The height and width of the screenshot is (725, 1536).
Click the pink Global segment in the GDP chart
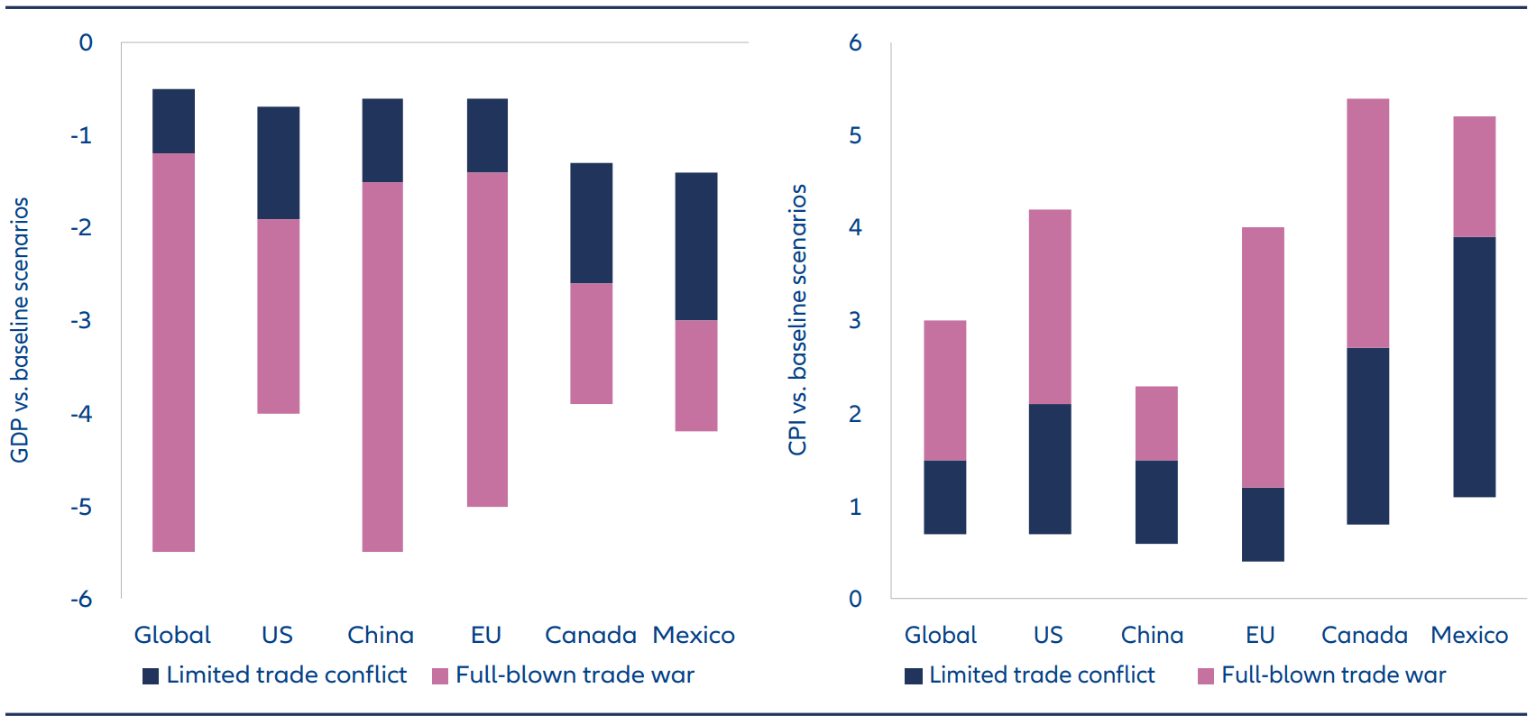pos(173,352)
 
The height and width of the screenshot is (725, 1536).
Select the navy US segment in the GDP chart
pos(278,163)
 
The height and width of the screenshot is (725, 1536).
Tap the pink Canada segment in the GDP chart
pos(591,344)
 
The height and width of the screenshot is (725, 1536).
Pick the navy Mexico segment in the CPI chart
pos(1474,367)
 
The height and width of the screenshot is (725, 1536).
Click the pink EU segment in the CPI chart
pos(1262,357)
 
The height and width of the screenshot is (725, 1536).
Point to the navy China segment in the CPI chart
pos(1155,501)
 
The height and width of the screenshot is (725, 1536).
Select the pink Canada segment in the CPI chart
pos(1367,223)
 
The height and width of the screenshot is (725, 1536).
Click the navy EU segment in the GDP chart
pos(487,135)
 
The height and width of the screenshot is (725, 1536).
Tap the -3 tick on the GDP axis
pos(81,320)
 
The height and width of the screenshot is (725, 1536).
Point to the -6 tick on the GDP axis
pos(81,599)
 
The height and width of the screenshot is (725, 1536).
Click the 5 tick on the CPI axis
pos(855,135)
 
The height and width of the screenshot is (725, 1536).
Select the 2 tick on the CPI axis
pos(855,414)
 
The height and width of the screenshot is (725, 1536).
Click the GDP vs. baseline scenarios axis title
pos(20,330)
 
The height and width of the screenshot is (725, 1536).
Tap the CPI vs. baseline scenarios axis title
pos(797,320)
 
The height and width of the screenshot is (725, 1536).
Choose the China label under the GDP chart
pos(381,635)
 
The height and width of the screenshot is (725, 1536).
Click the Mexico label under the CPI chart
pos(1469,635)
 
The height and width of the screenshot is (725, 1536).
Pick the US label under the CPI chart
pos(1048,635)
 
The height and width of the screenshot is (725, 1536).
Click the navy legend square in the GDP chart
pos(151,676)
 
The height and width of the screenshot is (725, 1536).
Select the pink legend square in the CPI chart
pos(1205,676)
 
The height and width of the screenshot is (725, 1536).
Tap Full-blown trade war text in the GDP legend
pos(575,675)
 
